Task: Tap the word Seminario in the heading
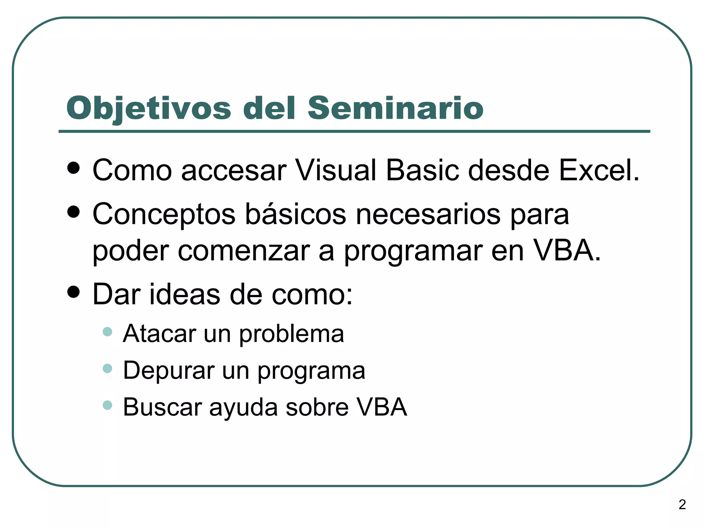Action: [395, 108]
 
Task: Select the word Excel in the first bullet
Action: [599, 170]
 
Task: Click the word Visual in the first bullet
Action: [335, 170]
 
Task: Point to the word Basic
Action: [422, 170]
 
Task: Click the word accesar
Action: [234, 171]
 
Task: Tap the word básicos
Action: [296, 214]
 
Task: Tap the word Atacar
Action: [160, 333]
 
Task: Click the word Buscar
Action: [162, 407]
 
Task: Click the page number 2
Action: [682, 504]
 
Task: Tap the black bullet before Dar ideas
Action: [74, 292]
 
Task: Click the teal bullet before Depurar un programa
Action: [107, 368]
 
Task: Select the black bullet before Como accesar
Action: [74, 168]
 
